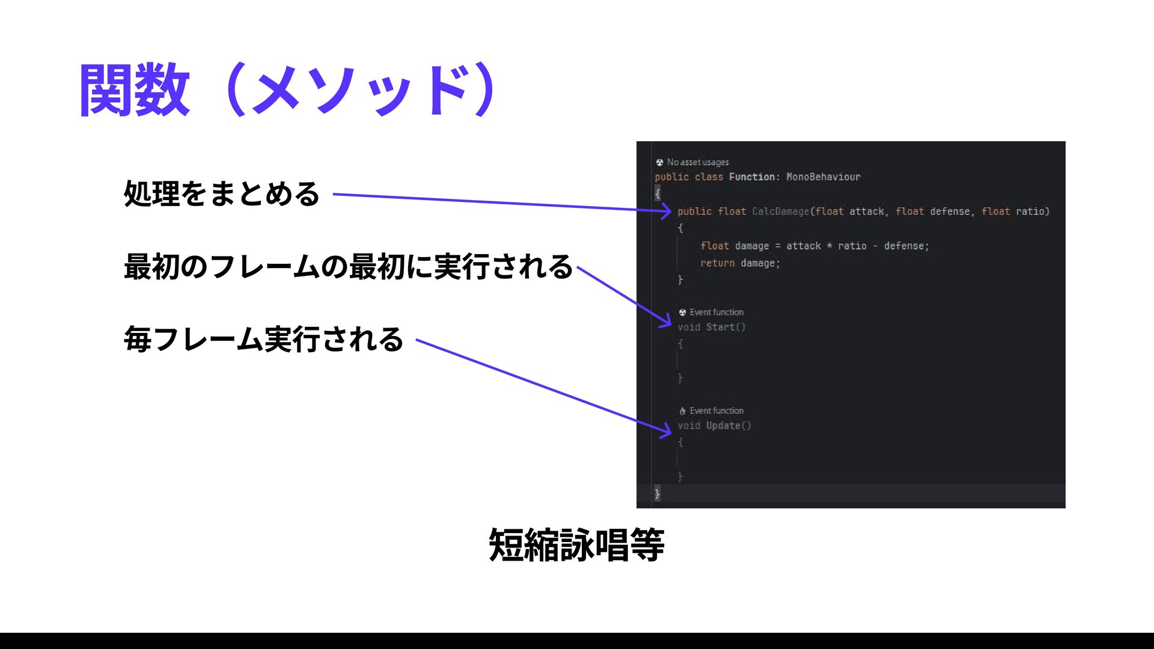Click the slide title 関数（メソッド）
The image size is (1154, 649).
[288, 90]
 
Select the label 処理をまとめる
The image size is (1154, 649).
[221, 194]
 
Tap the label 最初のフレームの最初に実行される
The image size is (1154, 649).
[348, 267]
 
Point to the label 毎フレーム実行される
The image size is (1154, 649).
[263, 340]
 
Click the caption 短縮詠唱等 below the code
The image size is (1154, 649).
[576, 546]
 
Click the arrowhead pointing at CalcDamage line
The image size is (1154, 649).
[666, 211]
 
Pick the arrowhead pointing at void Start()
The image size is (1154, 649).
[666, 322]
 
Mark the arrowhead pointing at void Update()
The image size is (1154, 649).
[666, 430]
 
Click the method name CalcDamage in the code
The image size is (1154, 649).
[780, 212]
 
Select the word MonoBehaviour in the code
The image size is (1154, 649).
[823, 177]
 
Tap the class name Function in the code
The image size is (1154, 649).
[752, 177]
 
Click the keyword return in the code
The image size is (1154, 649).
[717, 263]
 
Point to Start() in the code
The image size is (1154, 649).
[725, 327]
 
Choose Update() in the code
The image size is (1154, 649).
[728, 425]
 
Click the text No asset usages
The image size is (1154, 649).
[697, 162]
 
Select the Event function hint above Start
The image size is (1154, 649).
[716, 312]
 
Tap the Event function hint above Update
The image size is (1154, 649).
[716, 411]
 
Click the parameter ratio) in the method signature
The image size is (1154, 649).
[1033, 212]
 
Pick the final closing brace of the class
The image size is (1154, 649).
[657, 493]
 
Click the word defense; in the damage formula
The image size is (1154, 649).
[906, 246]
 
